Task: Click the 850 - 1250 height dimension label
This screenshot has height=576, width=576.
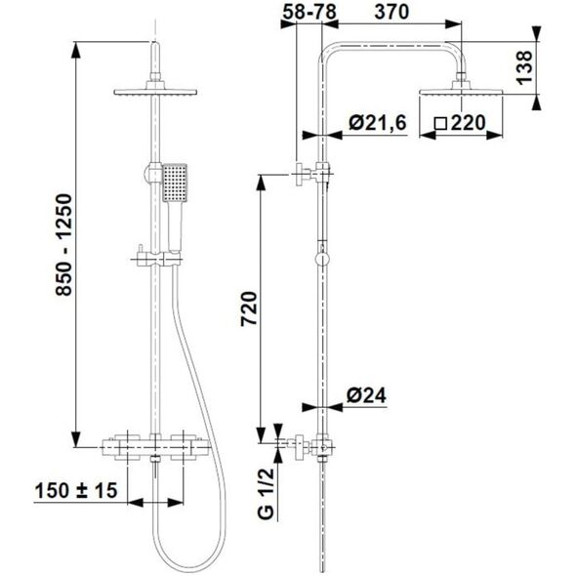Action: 63,245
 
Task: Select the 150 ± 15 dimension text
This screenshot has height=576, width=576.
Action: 76,490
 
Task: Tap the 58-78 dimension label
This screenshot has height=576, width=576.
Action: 309,12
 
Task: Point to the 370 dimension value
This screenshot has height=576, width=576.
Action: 391,12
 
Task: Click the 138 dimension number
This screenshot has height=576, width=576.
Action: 524,67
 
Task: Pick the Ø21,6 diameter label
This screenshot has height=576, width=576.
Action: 378,122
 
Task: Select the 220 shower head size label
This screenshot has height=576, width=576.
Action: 468,123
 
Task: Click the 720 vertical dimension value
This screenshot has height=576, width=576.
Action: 249,309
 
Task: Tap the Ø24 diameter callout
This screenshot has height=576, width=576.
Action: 366,396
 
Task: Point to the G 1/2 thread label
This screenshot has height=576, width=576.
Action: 266,493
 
